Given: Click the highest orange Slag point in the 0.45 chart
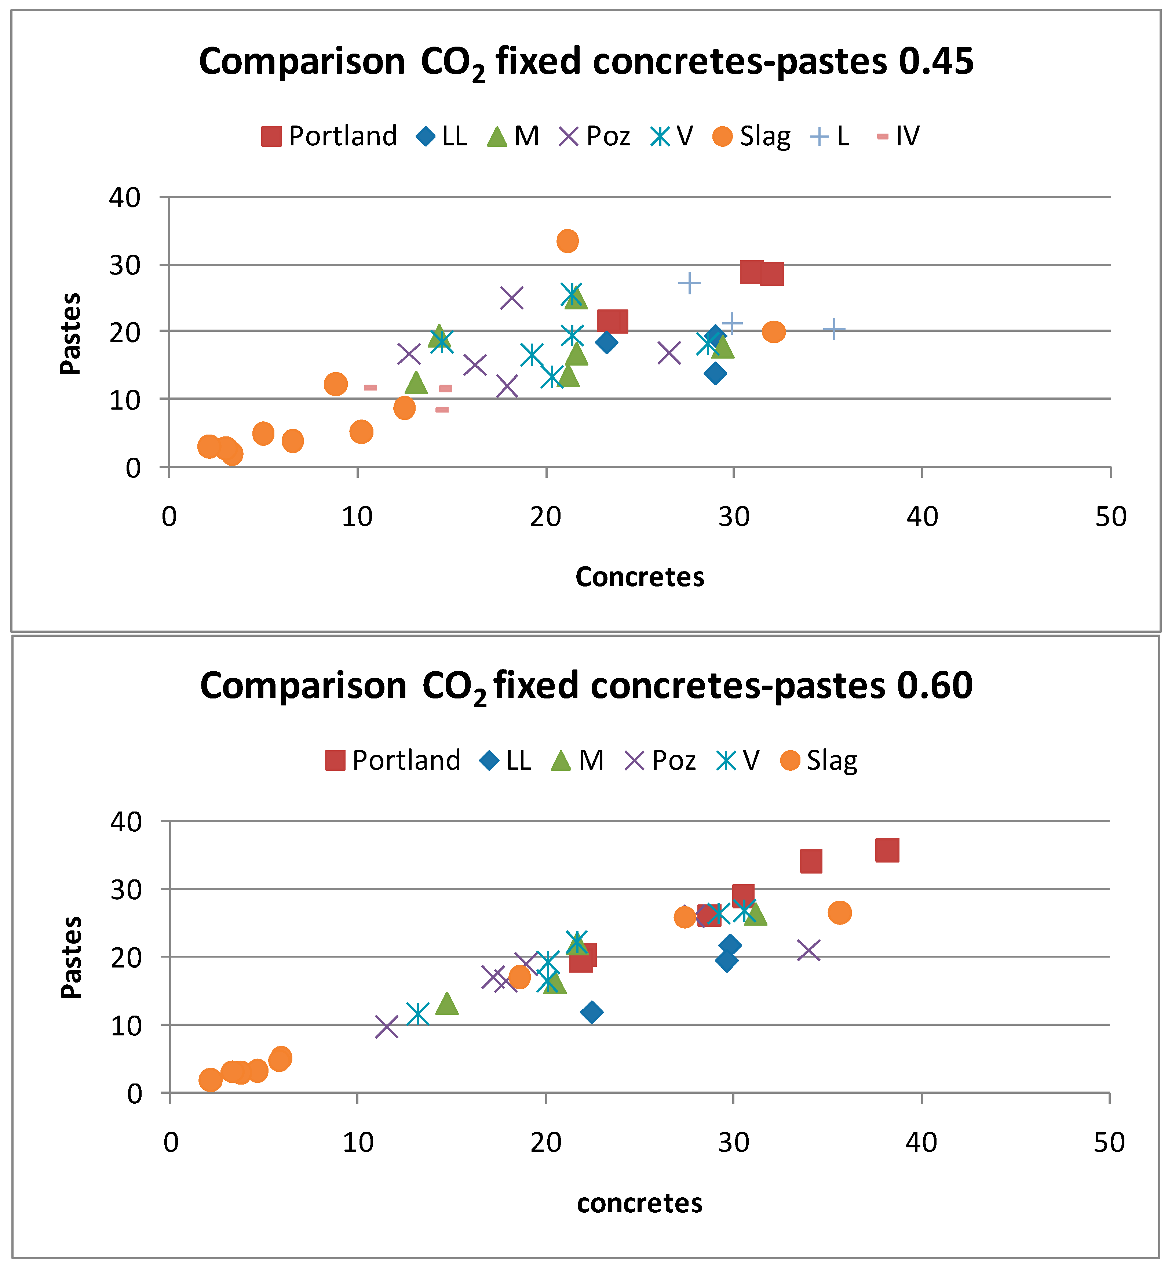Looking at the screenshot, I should tap(567, 241).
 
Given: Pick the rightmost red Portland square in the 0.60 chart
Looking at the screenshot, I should tap(887, 851).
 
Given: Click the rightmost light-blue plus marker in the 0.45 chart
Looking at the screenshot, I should tap(834, 329).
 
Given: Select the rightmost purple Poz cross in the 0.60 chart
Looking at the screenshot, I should tap(809, 950).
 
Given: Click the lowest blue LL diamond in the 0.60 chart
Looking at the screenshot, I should tap(592, 1012).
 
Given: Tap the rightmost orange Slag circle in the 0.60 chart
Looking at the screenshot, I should tap(839, 912).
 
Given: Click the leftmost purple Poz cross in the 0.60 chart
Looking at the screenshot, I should tap(387, 1027).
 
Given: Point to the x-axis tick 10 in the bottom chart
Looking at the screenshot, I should tap(358, 1143).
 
